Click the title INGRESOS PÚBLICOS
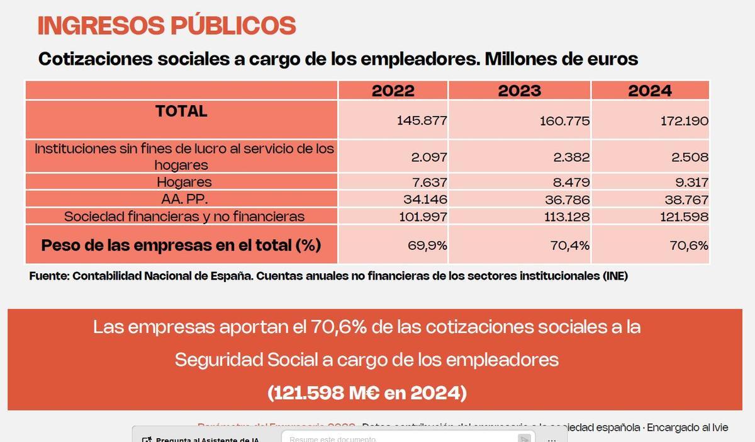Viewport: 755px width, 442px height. [166, 26]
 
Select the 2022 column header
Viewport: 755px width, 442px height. [393, 91]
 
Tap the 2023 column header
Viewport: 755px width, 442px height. [519, 91]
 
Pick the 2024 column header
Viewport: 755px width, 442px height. [650, 91]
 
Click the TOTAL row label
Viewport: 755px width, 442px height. [181, 111]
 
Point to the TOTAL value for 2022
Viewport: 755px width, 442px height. [422, 121]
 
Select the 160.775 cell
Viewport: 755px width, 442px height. [564, 121]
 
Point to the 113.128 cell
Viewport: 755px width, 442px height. [564, 217]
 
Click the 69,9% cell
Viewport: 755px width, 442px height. [428, 246]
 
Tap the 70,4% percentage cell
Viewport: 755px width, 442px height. [571, 246]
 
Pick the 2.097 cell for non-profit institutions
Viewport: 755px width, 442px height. [428, 157]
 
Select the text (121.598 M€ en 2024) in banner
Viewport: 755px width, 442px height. [367, 394]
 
